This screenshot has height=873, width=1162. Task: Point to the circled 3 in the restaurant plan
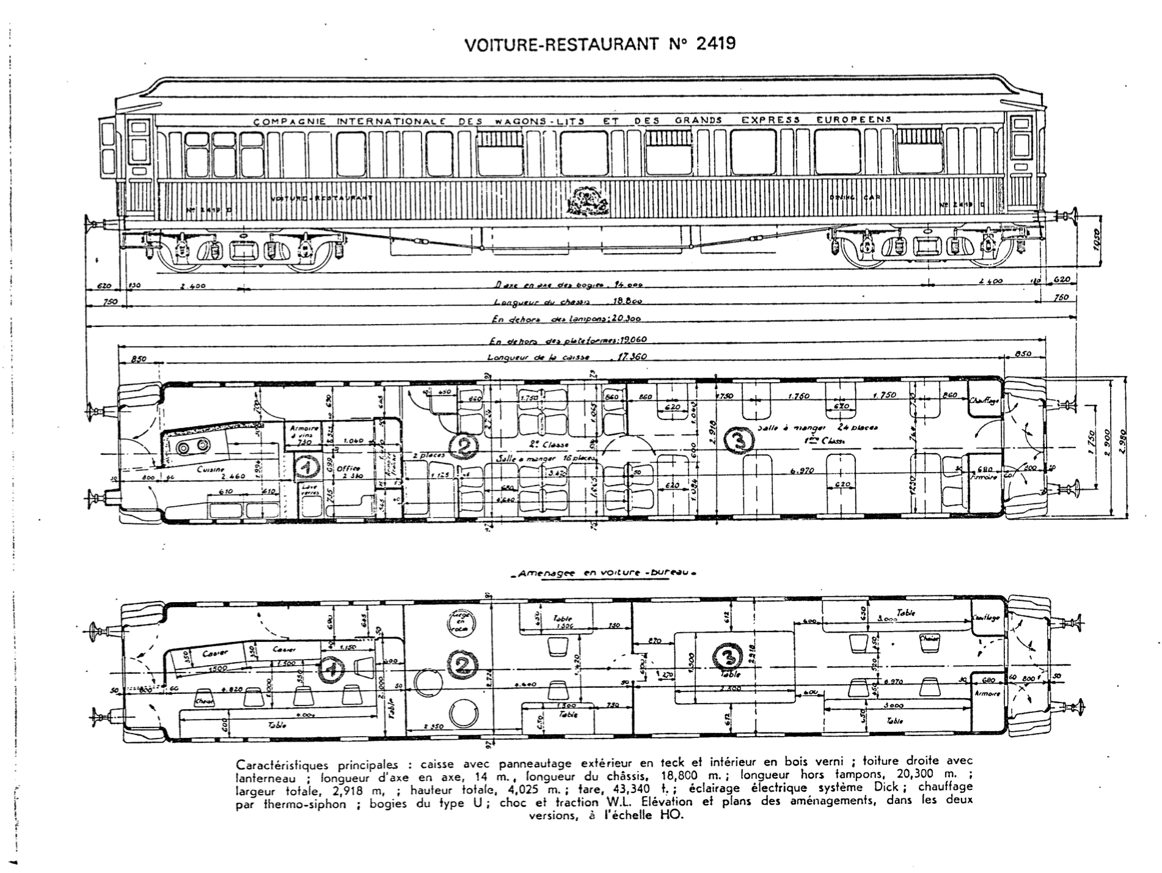734,439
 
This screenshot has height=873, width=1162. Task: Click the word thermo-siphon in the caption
304,805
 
